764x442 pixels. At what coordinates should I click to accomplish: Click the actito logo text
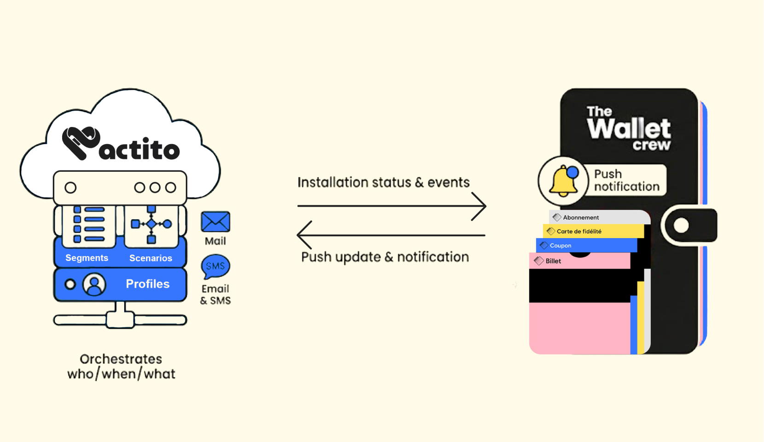(139, 149)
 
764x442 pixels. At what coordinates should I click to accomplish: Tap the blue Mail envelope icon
(215, 222)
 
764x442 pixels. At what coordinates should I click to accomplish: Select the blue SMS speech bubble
(215, 266)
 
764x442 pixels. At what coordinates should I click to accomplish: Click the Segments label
(87, 258)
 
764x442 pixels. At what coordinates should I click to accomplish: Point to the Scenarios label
(150, 258)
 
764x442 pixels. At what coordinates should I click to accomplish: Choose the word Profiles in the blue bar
(148, 284)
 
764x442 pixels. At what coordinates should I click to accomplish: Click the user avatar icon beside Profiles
(94, 285)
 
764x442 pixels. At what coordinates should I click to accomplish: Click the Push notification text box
(626, 180)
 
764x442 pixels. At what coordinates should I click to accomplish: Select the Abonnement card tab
(581, 217)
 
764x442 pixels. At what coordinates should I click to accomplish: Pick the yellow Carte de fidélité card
(579, 231)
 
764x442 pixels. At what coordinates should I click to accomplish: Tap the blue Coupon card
(560, 245)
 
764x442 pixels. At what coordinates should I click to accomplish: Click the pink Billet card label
(553, 261)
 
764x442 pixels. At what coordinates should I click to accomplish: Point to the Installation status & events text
(383, 182)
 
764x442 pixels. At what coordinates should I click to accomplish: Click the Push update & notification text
(385, 257)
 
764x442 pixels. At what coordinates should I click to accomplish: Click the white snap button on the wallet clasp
(681, 226)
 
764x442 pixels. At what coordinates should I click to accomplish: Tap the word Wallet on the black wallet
(629, 128)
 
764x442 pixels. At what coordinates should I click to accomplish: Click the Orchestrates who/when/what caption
(121, 366)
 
